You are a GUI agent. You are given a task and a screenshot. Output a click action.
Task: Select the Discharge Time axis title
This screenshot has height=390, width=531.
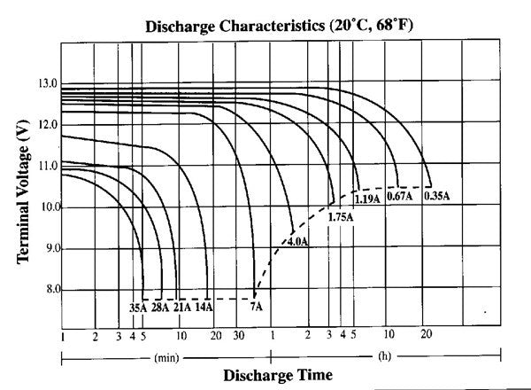tap(278, 375)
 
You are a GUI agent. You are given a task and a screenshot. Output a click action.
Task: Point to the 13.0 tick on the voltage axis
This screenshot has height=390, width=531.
tap(47, 84)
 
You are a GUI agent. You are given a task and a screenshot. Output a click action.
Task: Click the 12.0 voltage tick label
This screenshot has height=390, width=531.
tap(47, 125)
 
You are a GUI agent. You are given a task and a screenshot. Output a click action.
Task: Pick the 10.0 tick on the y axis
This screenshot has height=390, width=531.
tap(47, 207)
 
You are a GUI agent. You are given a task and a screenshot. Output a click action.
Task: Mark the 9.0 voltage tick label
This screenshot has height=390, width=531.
tap(49, 248)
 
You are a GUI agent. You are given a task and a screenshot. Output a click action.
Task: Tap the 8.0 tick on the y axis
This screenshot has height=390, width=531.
tap(49, 290)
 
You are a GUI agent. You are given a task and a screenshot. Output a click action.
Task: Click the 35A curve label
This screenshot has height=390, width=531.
tap(138, 308)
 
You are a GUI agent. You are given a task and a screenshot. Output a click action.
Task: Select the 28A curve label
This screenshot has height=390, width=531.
tap(161, 308)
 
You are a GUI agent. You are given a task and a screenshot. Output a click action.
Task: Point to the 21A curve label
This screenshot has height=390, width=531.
tap(182, 308)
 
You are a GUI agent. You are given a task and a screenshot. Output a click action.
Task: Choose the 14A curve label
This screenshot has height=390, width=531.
tap(204, 308)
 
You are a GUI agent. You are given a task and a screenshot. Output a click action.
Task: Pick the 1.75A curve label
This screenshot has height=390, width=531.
tap(341, 217)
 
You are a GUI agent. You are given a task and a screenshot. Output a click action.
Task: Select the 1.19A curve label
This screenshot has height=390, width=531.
tap(367, 199)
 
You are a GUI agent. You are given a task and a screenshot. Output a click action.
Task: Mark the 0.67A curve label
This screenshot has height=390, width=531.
tap(400, 197)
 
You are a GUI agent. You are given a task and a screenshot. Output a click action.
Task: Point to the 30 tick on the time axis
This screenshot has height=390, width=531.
tap(239, 336)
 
